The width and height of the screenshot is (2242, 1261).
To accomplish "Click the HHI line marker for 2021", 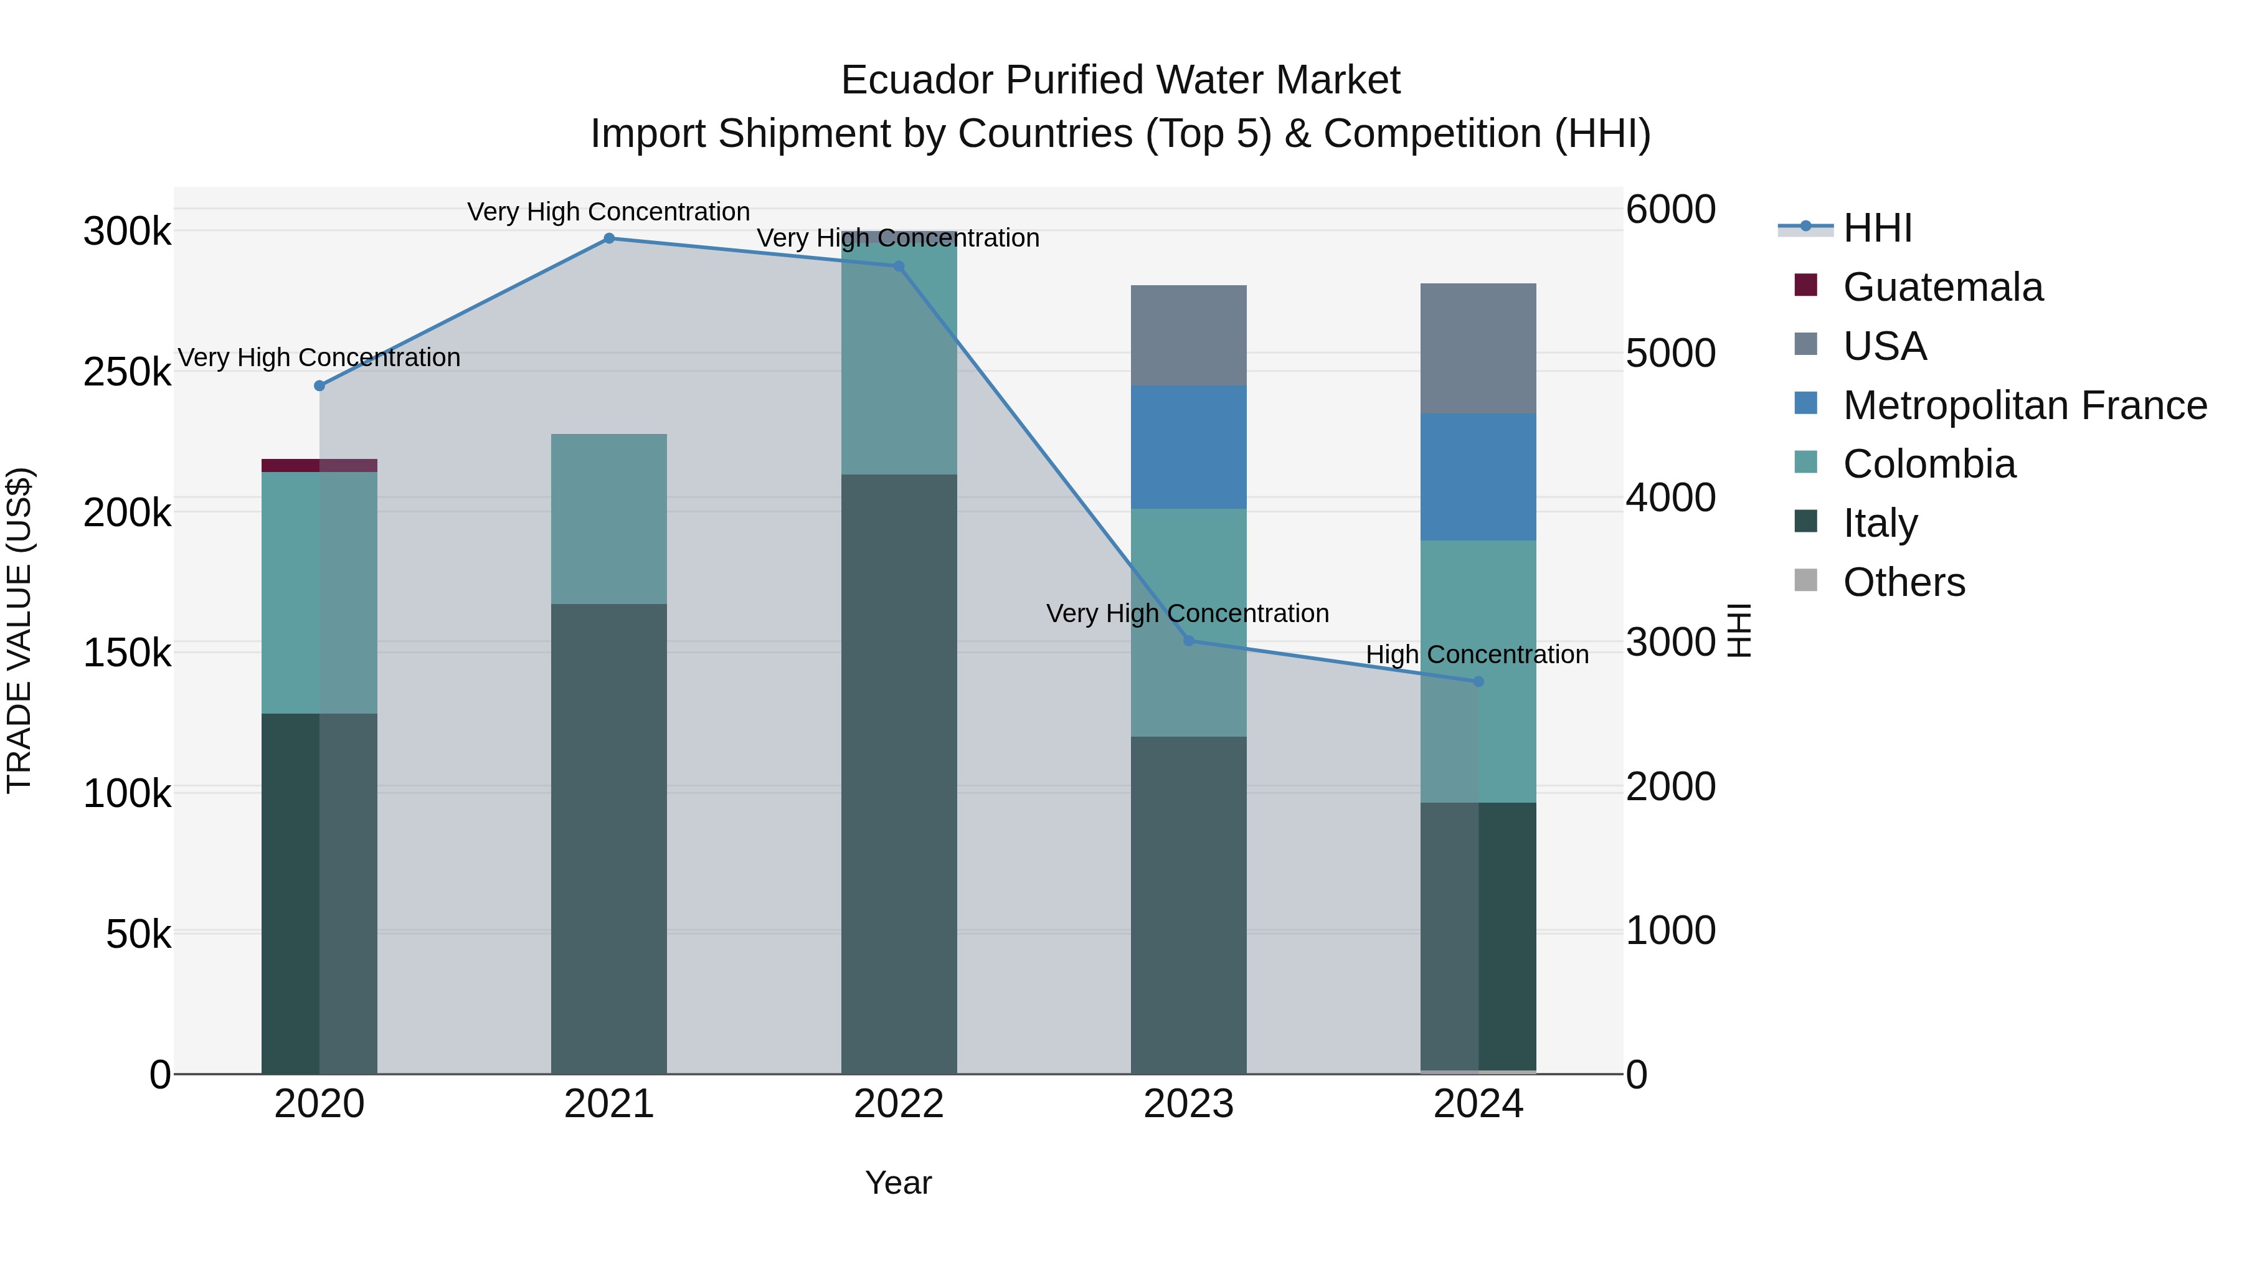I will (x=609, y=239).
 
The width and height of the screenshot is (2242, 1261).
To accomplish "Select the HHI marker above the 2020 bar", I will (x=319, y=385).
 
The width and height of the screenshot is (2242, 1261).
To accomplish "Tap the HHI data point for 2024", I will (x=1478, y=681).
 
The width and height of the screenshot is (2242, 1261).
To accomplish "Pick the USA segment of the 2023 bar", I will (x=1188, y=335).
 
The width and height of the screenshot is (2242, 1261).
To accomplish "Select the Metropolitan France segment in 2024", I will (x=1478, y=477).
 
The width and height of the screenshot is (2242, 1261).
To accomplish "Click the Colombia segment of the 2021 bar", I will (x=609, y=519).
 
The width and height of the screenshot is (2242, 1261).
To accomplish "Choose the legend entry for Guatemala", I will (x=1942, y=287).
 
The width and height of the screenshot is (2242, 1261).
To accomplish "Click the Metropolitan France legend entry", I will (x=2025, y=405).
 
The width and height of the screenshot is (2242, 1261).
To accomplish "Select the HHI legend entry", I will (x=1877, y=228).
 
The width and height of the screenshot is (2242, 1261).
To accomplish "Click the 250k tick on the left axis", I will (x=127, y=372).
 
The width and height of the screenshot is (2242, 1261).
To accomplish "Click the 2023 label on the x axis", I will (x=1188, y=1104).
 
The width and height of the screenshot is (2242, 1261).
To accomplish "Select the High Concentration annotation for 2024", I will (x=1477, y=654).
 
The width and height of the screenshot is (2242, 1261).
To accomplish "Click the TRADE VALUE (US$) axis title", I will (x=19, y=630).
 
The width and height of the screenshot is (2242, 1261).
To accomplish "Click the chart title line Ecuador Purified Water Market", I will (x=1120, y=80).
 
